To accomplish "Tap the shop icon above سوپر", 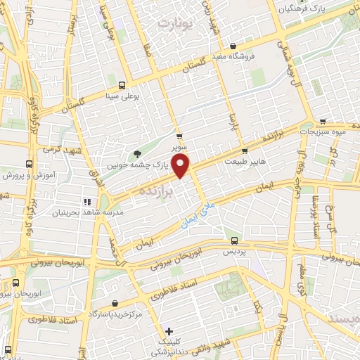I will pyautogui.click(x=180, y=136).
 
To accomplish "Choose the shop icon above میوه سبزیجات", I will pyautogui.click(x=323, y=120).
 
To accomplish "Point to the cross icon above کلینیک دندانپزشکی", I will pyautogui.click(x=169, y=331).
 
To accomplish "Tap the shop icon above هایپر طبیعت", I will pyautogui.click(x=244, y=150).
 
